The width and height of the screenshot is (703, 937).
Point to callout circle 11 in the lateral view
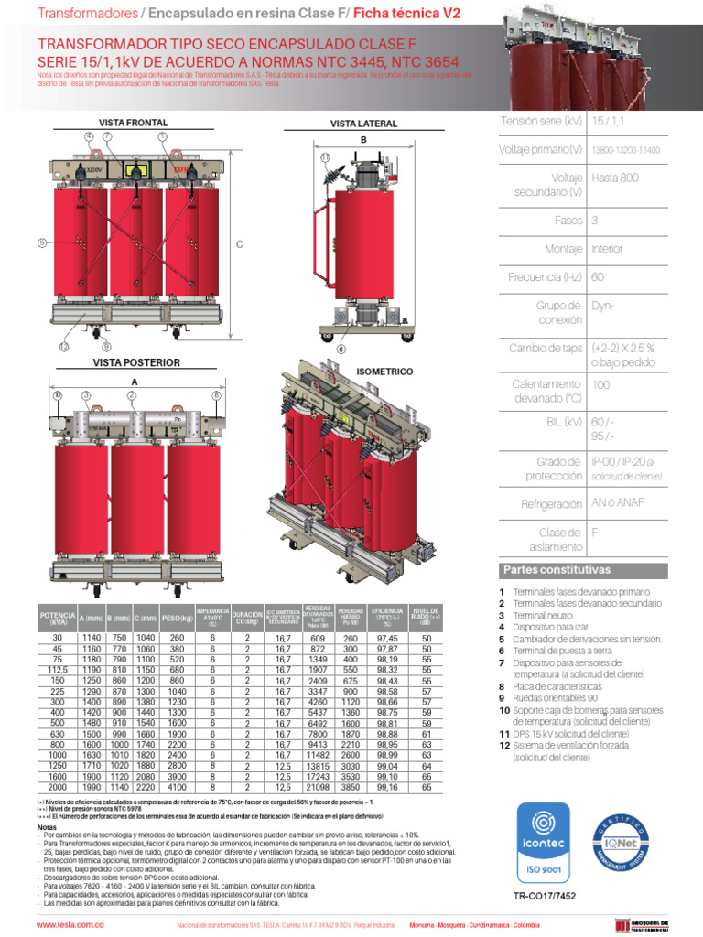coord(324,157)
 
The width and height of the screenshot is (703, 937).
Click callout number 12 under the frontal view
coord(64,347)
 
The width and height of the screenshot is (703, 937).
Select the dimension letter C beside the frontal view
coord(239,244)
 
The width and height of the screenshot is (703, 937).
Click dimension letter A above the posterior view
coord(135,382)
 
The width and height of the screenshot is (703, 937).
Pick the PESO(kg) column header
coord(177,619)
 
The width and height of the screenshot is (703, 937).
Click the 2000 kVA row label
coord(58,786)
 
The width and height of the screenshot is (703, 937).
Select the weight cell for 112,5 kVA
coord(177,670)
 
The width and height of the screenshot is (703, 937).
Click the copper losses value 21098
coord(318,786)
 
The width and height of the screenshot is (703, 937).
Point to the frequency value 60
coord(598,276)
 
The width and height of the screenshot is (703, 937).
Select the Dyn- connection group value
coord(601,305)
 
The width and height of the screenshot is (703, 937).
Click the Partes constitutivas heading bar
coord(594,570)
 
